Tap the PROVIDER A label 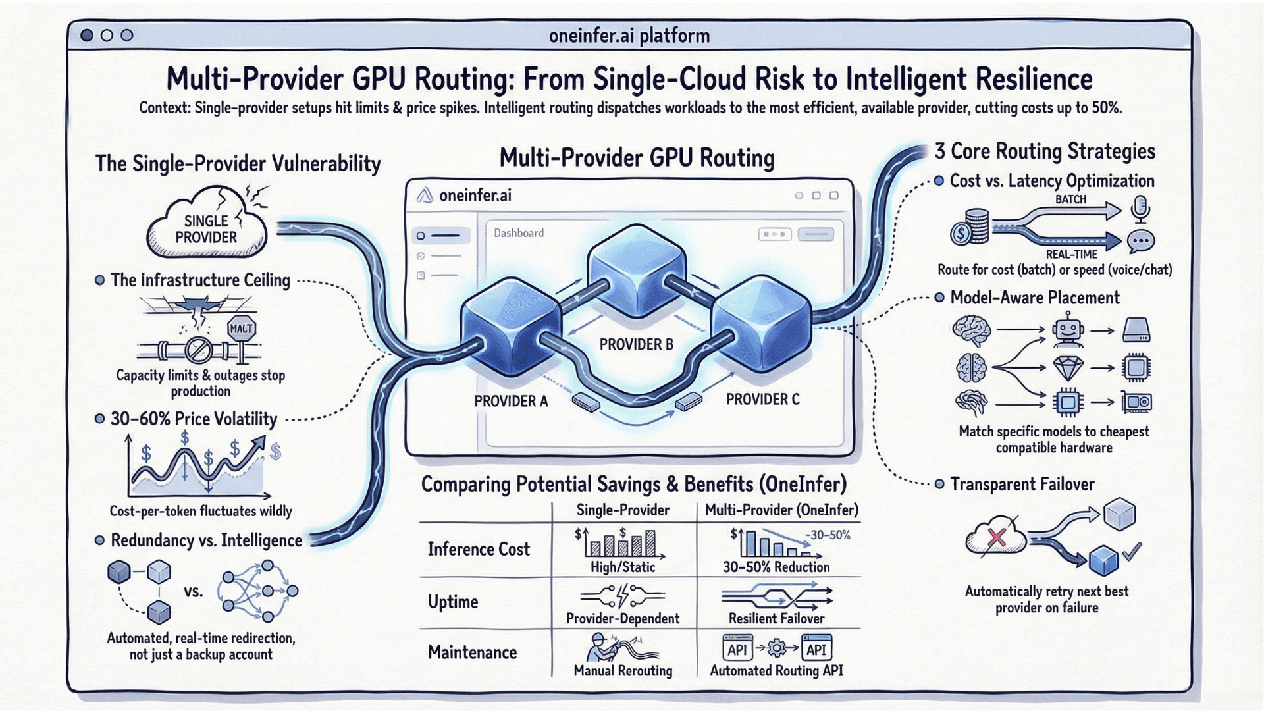pyautogui.click(x=511, y=401)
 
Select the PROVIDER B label pyautogui.click(x=636, y=344)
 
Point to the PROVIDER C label pyautogui.click(x=762, y=399)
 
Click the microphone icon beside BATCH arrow pyautogui.click(x=1140, y=209)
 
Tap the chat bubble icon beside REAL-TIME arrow pyautogui.click(x=1140, y=242)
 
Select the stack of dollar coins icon pyautogui.click(x=970, y=227)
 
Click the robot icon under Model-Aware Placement pyautogui.click(x=1067, y=330)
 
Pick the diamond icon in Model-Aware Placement pyautogui.click(x=1068, y=367)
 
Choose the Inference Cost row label pyautogui.click(x=479, y=549)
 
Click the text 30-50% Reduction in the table pyautogui.click(x=776, y=567)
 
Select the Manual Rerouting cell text pyautogui.click(x=623, y=670)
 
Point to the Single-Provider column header pyautogui.click(x=623, y=510)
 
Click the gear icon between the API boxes pyautogui.click(x=777, y=649)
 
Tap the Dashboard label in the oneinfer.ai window pyautogui.click(x=519, y=233)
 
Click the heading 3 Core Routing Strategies pyautogui.click(x=1045, y=151)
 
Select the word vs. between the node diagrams pyautogui.click(x=193, y=591)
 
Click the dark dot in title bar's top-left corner pyautogui.click(x=87, y=35)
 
